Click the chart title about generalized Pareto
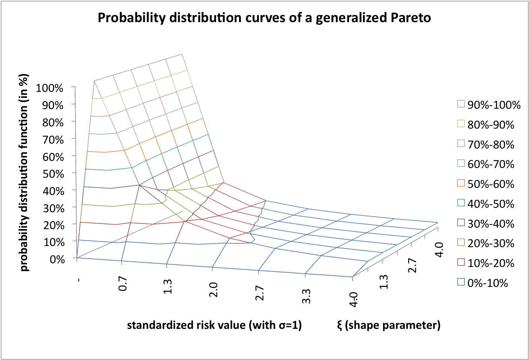tap(264, 18)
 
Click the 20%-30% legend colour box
tap(461, 243)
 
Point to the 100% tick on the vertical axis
tap(50, 88)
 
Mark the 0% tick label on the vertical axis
tap(57, 259)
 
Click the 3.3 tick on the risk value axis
tap(306, 296)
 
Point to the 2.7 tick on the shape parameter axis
tap(412, 265)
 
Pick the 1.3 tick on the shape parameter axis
tap(384, 282)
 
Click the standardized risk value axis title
tap(214, 325)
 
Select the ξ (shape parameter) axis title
tap(389, 325)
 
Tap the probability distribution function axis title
tap(24, 172)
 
